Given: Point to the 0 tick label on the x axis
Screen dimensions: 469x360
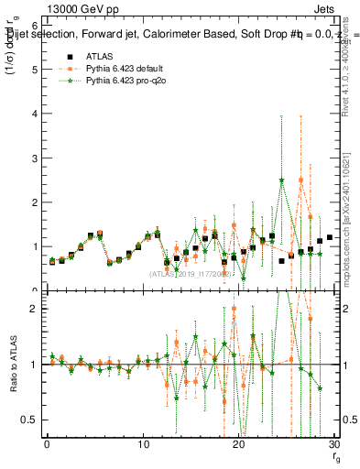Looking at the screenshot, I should pos(47,445).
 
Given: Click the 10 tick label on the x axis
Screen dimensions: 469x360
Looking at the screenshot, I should pos(143,445).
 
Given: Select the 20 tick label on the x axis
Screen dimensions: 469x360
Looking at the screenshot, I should pos(239,445).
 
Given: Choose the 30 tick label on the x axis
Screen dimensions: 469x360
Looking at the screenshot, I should pos(334,445).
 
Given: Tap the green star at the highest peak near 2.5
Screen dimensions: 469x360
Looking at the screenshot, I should pos(281,180).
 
